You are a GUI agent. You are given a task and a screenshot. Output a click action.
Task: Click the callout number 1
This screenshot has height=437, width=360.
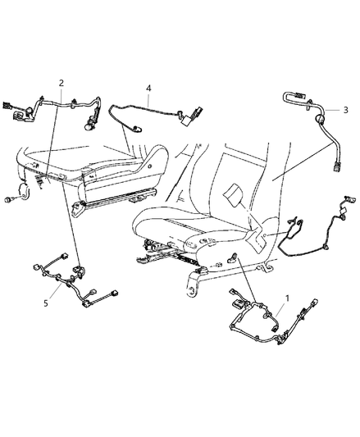(x=287, y=298)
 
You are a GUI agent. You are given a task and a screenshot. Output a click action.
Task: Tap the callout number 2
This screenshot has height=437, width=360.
(x=62, y=83)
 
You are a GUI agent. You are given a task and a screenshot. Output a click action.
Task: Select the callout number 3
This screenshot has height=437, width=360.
(x=345, y=110)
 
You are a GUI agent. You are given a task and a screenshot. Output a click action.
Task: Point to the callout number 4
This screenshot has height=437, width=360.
(x=148, y=89)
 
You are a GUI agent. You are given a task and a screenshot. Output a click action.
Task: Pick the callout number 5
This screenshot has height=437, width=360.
(x=46, y=303)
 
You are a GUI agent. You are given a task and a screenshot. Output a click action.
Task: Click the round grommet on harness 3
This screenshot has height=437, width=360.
(x=319, y=119)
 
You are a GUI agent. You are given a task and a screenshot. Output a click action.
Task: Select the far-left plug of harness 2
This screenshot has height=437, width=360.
(x=5, y=105)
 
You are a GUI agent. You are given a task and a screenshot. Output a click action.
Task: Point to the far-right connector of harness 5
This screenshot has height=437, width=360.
(x=114, y=294)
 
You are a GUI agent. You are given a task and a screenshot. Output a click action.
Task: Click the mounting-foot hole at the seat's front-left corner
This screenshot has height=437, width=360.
(x=191, y=292)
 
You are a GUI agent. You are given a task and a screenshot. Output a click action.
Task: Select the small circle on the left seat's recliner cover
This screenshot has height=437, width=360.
(x=150, y=166)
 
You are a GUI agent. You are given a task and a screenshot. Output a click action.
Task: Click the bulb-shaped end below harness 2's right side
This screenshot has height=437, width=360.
(x=88, y=127)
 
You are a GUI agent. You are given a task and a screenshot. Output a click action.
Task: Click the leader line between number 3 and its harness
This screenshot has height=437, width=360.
(x=332, y=110)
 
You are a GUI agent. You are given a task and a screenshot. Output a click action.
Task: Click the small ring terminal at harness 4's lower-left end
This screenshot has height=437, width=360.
(x=137, y=129)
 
